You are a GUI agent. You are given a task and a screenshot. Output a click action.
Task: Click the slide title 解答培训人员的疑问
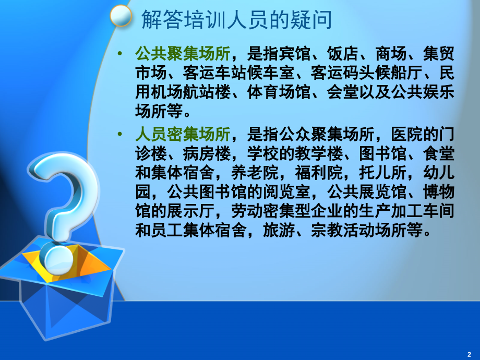tap(237, 20)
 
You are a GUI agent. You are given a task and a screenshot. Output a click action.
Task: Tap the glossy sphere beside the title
tap(121, 16)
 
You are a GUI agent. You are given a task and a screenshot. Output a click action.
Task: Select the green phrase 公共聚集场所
tap(183, 54)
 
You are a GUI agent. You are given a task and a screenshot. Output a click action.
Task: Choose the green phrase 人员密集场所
tap(183, 134)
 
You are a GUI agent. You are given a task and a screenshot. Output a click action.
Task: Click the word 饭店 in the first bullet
tap(343, 54)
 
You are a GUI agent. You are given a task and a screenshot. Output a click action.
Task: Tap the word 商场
tap(391, 54)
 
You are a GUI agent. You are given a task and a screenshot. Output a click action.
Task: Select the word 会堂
tap(343, 92)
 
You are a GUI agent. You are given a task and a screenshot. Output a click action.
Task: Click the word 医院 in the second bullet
tap(407, 134)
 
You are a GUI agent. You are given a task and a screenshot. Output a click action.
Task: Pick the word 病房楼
tap(207, 153)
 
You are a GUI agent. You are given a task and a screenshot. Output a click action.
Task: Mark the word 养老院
tap(255, 173)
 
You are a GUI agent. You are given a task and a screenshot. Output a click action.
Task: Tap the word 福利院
tap(319, 173)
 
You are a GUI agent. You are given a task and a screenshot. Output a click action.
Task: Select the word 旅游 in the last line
tap(279, 230)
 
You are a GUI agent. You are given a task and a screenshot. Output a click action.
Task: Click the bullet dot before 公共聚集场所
tap(119, 54)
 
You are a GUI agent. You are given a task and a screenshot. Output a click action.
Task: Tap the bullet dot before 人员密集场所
tap(119, 134)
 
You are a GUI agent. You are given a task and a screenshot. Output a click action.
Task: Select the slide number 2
tap(469, 354)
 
